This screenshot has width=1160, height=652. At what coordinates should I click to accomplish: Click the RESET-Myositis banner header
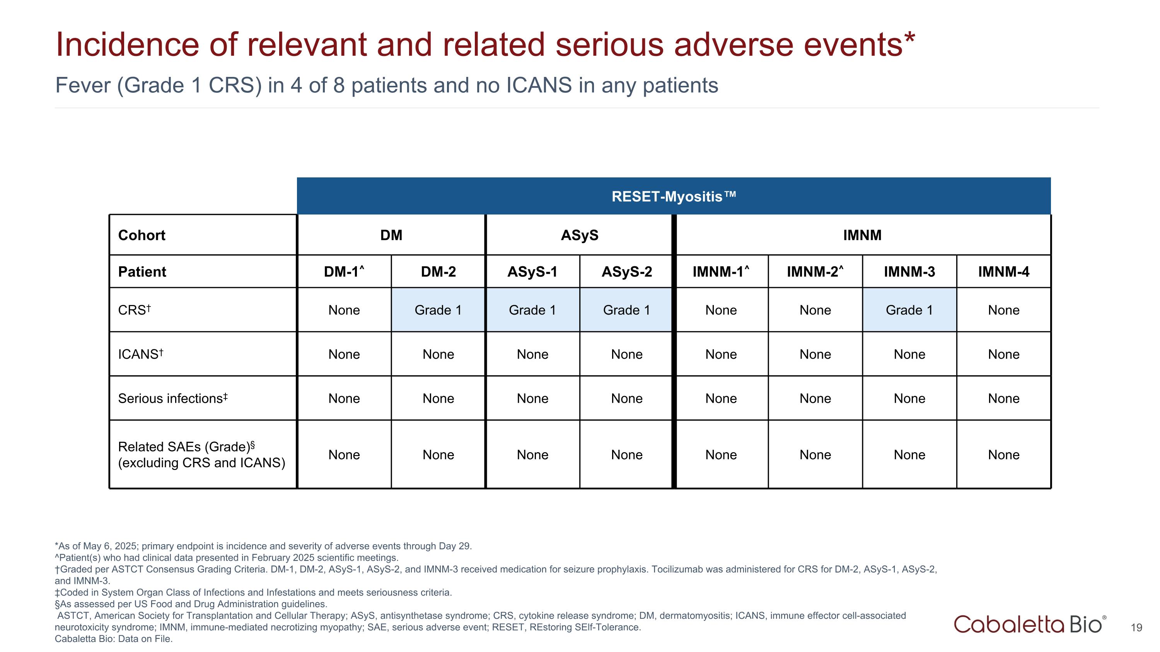click(674, 197)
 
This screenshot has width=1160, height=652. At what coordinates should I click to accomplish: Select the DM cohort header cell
click(391, 235)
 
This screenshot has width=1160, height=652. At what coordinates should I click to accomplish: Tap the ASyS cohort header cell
click(579, 235)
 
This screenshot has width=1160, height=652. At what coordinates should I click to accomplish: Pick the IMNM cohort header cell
click(862, 235)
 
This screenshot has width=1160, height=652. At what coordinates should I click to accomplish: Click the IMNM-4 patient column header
click(1003, 272)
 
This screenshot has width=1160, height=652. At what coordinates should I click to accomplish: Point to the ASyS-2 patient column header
click(626, 272)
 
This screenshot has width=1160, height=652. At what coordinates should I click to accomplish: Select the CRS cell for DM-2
click(438, 310)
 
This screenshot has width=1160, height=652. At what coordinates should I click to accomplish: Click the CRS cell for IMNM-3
click(909, 310)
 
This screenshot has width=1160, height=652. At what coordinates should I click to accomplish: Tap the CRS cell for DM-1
click(344, 310)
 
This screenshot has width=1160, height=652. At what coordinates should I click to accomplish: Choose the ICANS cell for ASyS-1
click(532, 354)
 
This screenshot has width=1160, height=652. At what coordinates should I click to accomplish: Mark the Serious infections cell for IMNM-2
click(815, 398)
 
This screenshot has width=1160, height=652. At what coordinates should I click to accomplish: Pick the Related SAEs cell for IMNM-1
click(721, 455)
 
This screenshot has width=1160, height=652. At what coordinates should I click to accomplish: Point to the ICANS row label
click(140, 354)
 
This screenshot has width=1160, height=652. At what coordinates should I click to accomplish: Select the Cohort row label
click(142, 235)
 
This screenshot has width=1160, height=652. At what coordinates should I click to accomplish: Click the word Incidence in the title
click(127, 44)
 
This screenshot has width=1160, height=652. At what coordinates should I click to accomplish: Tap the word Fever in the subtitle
click(83, 85)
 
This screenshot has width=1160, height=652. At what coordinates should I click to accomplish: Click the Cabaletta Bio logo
click(1029, 624)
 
